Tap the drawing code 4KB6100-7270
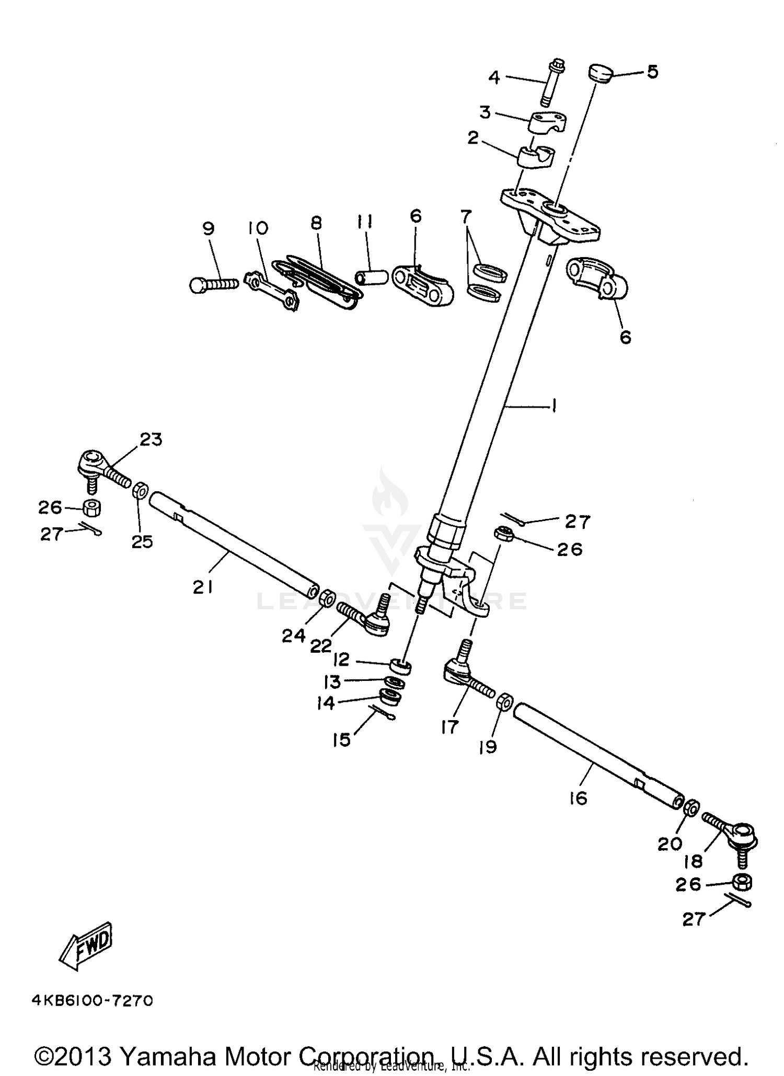(92, 1000)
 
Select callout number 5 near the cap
(652, 71)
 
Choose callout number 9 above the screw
(209, 228)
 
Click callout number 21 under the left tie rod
(203, 587)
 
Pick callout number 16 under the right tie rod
(579, 798)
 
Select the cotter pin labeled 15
(383, 712)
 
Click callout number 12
(341, 660)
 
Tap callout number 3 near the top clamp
(486, 112)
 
